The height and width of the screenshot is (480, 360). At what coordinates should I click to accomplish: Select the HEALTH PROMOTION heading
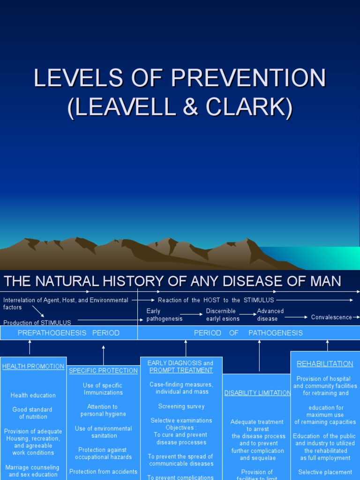(x=33, y=367)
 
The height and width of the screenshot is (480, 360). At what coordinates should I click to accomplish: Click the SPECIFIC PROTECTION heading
(x=103, y=371)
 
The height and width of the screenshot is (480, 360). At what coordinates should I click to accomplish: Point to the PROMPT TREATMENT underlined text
(x=181, y=370)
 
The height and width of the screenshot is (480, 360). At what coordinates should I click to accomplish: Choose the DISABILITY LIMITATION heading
(x=257, y=393)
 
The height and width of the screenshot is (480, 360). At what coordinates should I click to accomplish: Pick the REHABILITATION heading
(x=325, y=364)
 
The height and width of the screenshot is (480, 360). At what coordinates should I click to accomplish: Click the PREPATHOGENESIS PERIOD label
(x=68, y=333)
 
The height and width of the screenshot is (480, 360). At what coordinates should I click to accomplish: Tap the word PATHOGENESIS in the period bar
(x=276, y=333)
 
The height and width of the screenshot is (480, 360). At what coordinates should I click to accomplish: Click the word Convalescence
(x=331, y=317)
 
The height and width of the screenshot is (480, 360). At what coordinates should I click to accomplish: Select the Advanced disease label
(x=270, y=315)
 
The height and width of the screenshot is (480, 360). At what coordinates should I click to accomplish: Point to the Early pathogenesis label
(x=164, y=315)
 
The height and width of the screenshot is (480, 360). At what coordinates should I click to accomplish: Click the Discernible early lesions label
(x=223, y=315)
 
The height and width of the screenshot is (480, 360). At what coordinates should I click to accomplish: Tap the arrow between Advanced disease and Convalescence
(x=296, y=317)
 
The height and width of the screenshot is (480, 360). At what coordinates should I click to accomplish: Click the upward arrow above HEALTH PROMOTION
(x=30, y=347)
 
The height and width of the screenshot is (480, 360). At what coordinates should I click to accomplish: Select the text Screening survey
(x=181, y=406)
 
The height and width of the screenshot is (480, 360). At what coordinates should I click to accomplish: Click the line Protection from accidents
(x=103, y=472)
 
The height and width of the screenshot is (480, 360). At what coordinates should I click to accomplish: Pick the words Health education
(x=33, y=396)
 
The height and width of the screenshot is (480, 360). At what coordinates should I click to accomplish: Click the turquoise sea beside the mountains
(x=323, y=258)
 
